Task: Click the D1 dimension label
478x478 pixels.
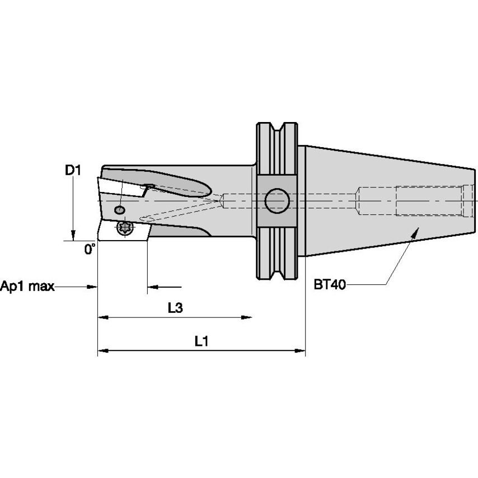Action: click(73, 170)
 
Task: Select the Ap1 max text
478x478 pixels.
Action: click(27, 287)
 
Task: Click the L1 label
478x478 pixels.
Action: click(201, 341)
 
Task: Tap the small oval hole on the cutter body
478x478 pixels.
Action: click(119, 210)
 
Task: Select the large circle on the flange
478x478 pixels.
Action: click(277, 201)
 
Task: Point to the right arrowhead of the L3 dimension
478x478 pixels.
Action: click(247, 318)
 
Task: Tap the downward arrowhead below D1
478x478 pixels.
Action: click(73, 236)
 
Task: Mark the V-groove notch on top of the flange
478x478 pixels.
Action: click(277, 128)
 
